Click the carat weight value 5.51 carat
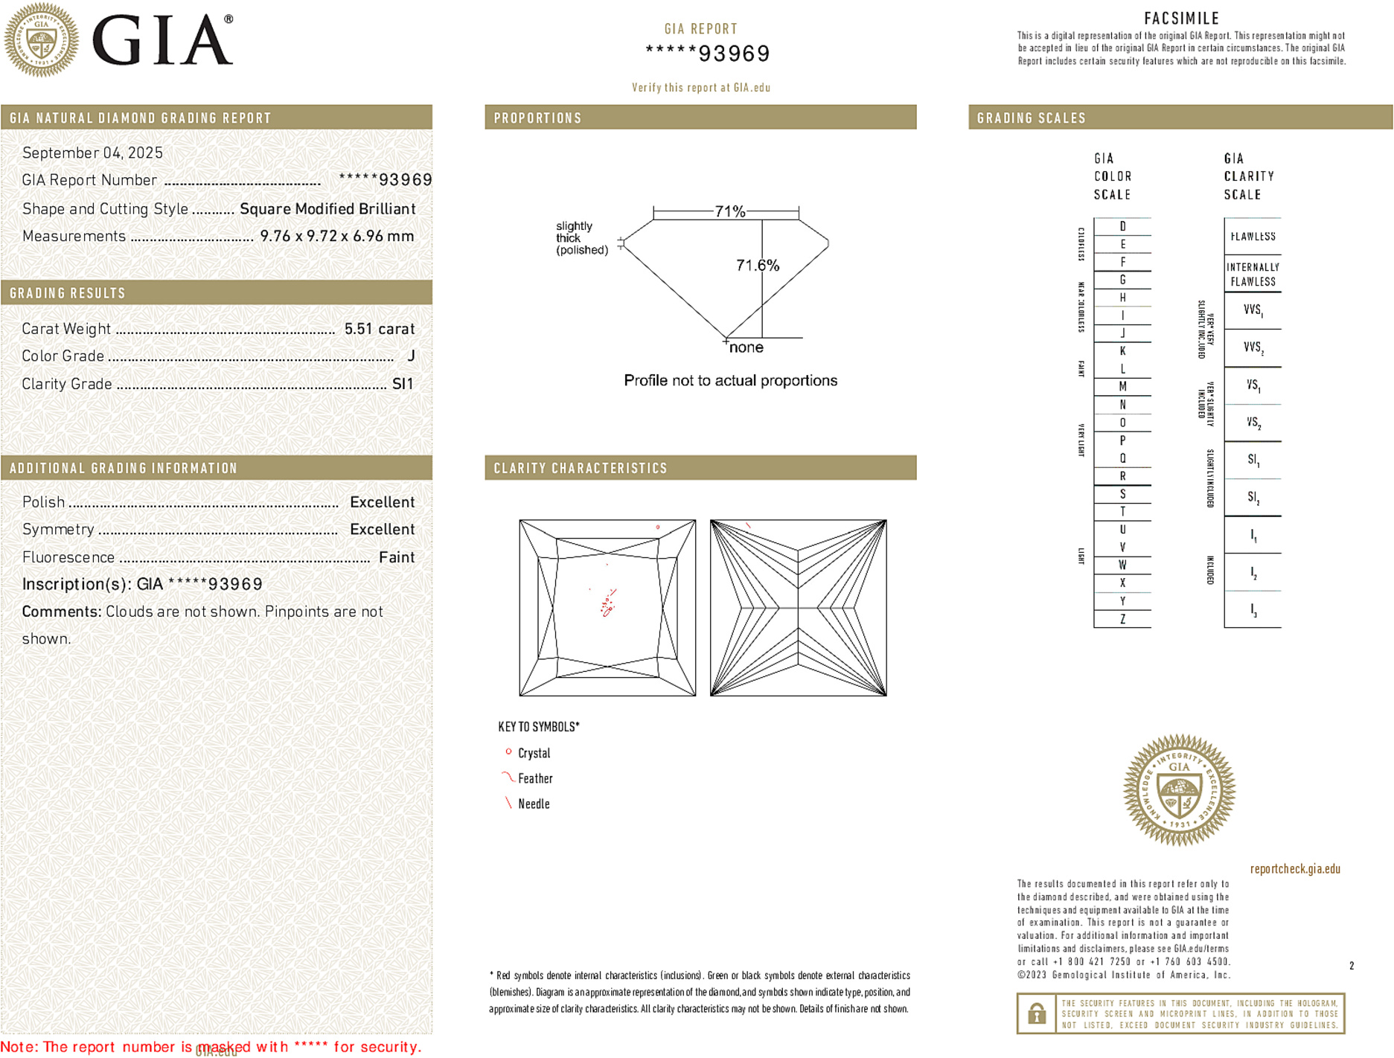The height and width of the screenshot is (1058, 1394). [379, 329]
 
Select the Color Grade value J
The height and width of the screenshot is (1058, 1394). [411, 356]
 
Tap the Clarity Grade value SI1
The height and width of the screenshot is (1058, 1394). [403, 384]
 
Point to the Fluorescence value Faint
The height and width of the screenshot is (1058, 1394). [397, 557]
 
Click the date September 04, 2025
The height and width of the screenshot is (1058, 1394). [92, 153]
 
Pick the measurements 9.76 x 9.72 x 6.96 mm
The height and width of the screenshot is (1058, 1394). [336, 237]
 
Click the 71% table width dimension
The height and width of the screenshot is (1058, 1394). [729, 211]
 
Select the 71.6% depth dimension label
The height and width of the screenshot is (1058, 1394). [757, 266]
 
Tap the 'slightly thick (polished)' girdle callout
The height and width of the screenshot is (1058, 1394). [581, 238]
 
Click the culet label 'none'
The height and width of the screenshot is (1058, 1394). [746, 347]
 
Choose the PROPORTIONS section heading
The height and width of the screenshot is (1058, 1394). [537, 118]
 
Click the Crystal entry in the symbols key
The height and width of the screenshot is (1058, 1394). [534, 753]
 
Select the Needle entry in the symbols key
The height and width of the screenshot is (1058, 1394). [534, 804]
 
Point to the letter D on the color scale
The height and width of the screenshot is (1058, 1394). [1122, 226]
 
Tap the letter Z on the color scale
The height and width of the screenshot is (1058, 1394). [1122, 619]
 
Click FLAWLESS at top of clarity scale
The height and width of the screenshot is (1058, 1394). [1253, 237]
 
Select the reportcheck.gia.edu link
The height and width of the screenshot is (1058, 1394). [1295, 868]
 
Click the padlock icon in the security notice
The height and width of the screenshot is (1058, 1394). [1036, 1013]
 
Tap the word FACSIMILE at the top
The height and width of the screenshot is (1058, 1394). [1181, 18]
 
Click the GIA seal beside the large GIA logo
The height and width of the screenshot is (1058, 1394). [41, 40]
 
